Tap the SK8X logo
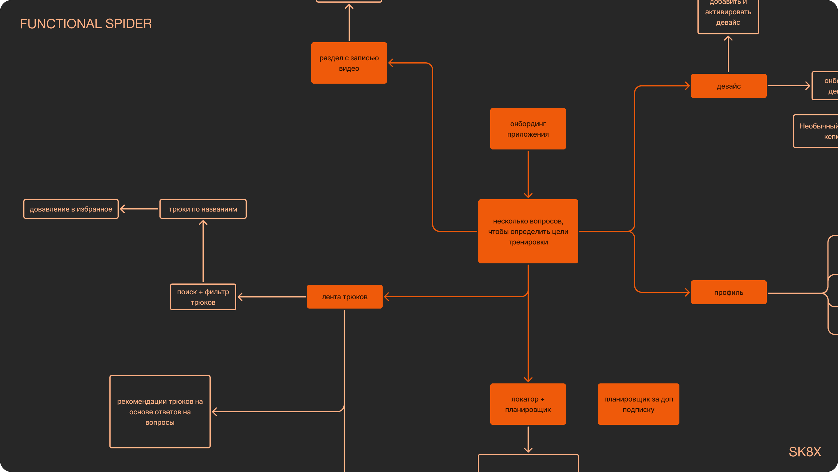(805, 452)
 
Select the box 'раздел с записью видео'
(349, 63)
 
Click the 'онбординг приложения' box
(528, 129)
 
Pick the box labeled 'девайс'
(728, 86)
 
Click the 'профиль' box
(728, 293)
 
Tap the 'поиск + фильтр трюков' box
(203, 297)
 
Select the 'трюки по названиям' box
(203, 209)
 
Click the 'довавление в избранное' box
(71, 209)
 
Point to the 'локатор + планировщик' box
(528, 404)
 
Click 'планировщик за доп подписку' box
(638, 404)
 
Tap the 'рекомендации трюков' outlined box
(160, 412)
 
